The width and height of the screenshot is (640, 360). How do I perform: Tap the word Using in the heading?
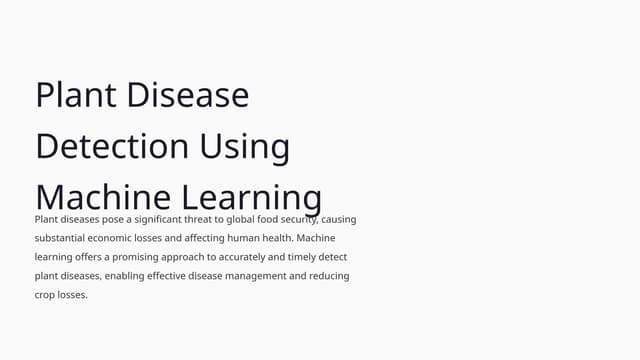click(245, 146)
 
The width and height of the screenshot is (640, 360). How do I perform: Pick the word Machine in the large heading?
click(102, 196)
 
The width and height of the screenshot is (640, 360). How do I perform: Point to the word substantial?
click(62, 238)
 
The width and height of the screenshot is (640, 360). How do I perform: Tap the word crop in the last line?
click(46, 295)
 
